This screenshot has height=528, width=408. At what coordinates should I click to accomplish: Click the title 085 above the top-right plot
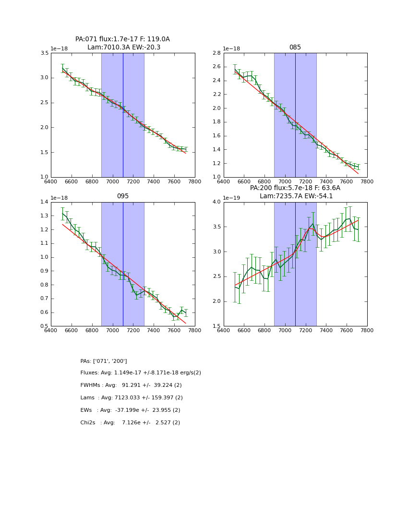pos(295,48)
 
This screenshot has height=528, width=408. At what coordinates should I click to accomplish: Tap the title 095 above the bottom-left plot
pos(122,196)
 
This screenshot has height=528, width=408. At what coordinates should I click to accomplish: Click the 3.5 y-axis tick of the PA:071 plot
pos(44,53)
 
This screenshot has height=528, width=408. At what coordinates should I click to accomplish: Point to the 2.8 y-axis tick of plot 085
pos(217,53)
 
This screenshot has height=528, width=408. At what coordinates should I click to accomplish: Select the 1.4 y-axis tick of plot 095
pos(44,202)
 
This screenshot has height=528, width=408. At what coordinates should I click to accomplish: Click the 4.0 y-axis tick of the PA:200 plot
pos(217,202)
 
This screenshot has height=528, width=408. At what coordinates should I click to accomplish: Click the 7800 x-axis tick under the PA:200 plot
pos(367,330)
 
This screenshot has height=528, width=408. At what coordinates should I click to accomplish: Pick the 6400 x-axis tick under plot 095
pos(51,330)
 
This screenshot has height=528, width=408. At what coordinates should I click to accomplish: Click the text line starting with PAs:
pos(104,361)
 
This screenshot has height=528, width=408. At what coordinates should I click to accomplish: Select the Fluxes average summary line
pos(141,373)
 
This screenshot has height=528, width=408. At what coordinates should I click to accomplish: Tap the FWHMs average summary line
pos(131,385)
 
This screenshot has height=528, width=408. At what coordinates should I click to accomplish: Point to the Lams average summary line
pos(132,398)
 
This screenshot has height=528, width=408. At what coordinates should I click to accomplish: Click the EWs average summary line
pos(130,410)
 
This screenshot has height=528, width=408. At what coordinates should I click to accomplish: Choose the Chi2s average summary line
pos(130,423)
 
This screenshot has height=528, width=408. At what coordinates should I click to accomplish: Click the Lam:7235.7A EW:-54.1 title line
pos(295,196)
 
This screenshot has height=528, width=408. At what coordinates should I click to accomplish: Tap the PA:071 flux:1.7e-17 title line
pos(122,39)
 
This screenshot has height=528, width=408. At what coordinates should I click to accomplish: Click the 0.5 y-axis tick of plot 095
pos(44,326)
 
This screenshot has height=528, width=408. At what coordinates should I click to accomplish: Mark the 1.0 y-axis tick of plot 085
pos(217,177)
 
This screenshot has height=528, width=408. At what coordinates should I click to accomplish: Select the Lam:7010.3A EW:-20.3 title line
pos(124,48)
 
